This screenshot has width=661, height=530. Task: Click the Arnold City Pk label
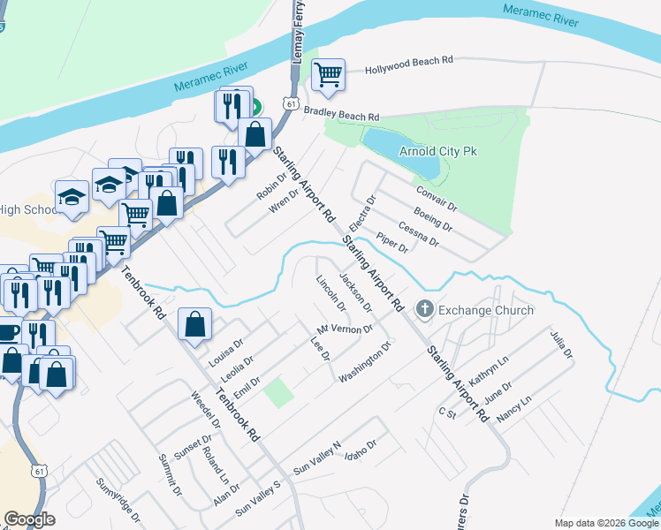point(438,151)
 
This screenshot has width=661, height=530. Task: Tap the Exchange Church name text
point(486,310)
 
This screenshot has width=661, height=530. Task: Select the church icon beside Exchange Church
point(425,310)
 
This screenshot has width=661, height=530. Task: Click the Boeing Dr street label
point(432,220)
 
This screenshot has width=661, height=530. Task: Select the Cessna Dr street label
point(419,233)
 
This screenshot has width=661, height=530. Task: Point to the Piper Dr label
point(391,244)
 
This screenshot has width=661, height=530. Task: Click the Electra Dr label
point(362,213)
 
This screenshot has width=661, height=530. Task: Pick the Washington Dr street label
point(364,363)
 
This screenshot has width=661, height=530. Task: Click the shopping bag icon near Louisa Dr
point(194,324)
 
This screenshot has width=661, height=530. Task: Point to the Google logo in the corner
point(29,519)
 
